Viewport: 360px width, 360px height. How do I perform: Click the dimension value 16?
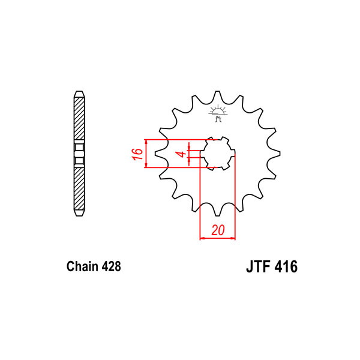(x=137, y=154)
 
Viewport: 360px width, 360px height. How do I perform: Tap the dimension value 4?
(x=182, y=154)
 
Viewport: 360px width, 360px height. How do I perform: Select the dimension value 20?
(x=218, y=230)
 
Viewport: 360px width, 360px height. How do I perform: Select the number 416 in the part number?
(x=286, y=266)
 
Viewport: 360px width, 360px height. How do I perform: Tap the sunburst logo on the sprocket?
(x=218, y=113)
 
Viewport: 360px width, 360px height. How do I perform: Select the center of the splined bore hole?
(x=218, y=154)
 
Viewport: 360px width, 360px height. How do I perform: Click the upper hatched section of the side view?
(x=79, y=118)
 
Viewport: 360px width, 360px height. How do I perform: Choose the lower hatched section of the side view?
(x=79, y=189)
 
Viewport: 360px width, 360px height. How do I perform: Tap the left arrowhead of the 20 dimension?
(x=202, y=238)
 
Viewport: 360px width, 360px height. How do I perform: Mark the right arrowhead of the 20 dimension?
(x=233, y=238)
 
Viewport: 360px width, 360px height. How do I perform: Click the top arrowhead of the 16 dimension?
(x=146, y=142)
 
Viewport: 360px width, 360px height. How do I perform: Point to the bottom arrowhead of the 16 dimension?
(x=146, y=166)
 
